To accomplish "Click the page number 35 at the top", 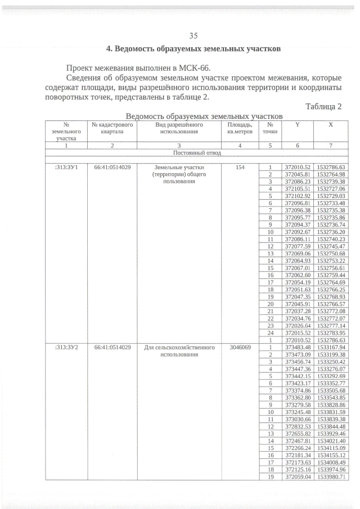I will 193,35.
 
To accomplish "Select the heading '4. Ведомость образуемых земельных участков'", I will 193,48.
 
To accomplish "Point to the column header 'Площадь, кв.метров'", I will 240,128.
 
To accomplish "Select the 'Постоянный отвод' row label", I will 197,152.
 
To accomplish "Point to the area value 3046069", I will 240,347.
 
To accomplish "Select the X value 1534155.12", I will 331,455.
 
